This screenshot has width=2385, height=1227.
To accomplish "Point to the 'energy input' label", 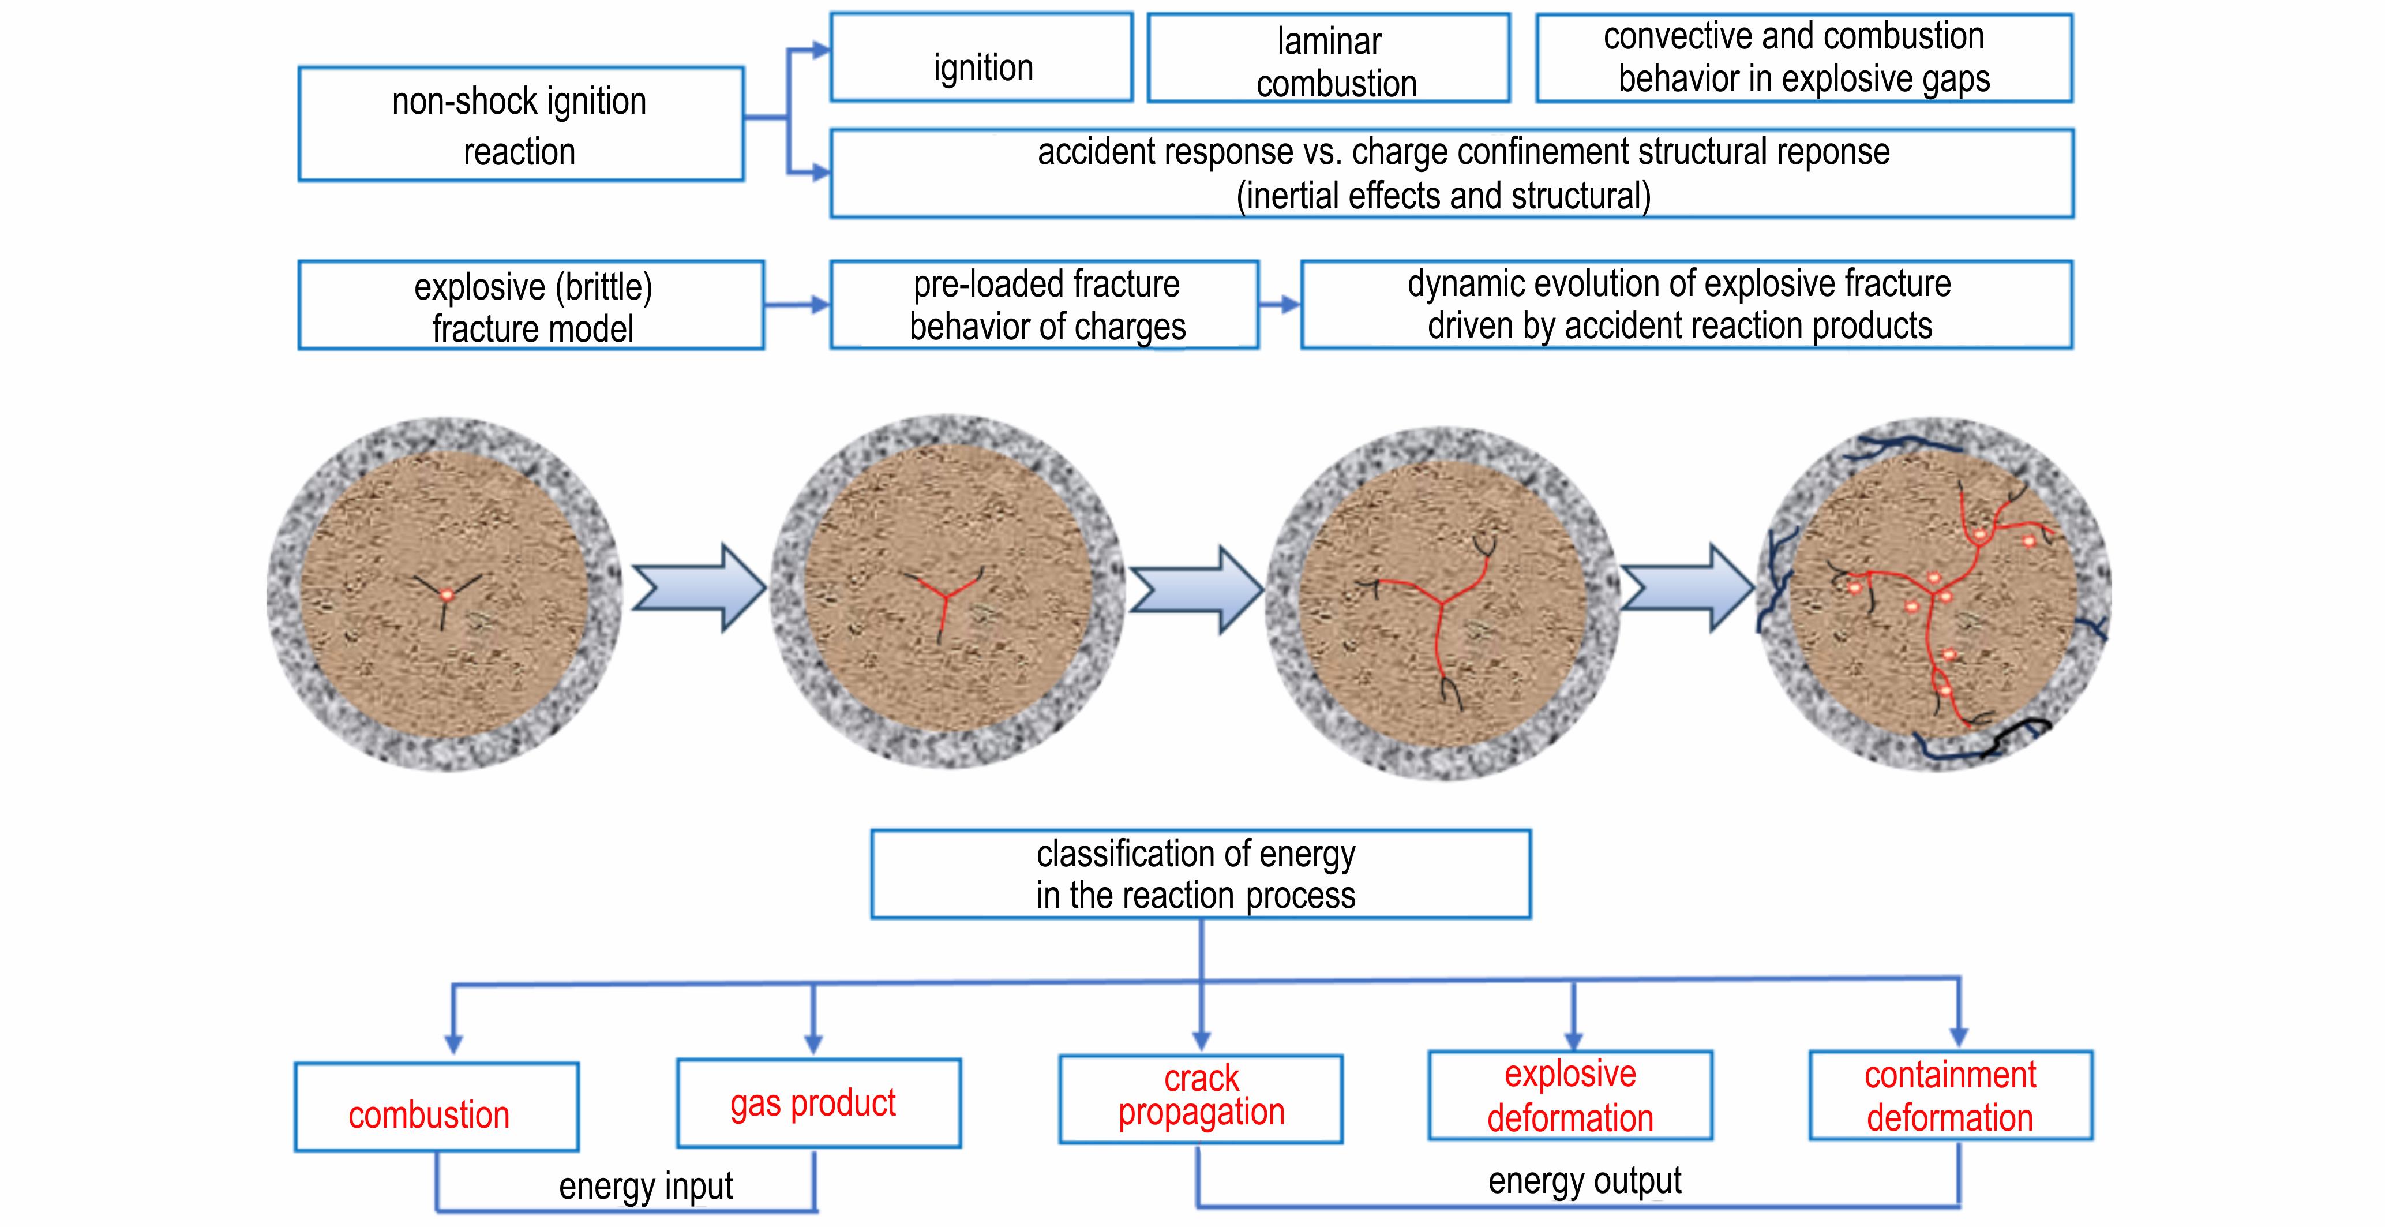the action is pos(646,1186).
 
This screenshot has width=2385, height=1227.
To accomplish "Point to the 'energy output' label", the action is pos(1585,1181).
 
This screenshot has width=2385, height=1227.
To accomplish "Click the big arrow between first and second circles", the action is pos(699,588).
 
